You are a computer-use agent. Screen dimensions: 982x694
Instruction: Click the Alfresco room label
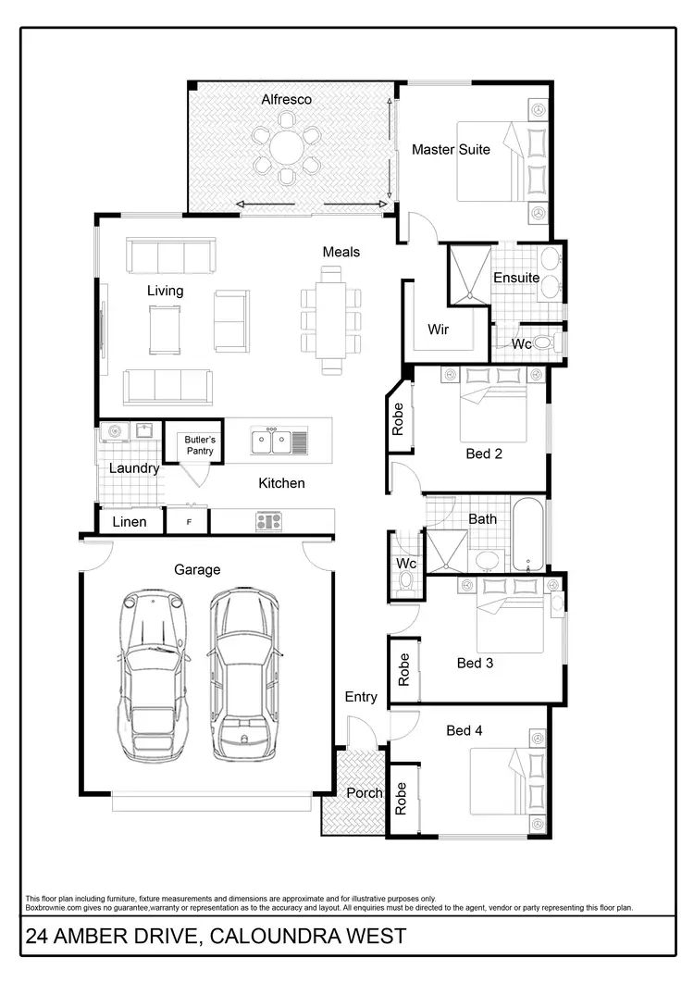(286, 99)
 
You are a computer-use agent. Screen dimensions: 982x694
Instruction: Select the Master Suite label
(451, 149)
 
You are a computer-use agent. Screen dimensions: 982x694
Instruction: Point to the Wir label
(438, 329)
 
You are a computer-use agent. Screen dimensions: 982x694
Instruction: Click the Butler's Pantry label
(199, 445)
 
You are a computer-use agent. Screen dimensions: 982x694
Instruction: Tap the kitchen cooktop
(269, 521)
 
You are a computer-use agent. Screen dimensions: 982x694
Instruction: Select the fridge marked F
(189, 522)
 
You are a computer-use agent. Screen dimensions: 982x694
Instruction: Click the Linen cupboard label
(130, 522)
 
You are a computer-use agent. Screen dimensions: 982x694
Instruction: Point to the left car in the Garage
(152, 674)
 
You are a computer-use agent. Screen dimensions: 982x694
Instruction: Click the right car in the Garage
(244, 674)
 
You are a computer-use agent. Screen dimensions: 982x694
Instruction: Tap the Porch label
(364, 793)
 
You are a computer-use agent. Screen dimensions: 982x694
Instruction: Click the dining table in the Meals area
(330, 319)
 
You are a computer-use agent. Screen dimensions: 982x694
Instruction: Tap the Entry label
(361, 697)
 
